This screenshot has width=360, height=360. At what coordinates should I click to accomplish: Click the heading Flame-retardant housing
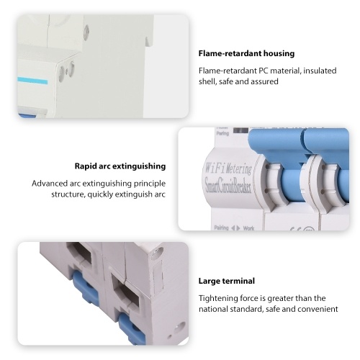(x=246, y=53)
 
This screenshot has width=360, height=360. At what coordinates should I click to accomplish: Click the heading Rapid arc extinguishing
(x=120, y=166)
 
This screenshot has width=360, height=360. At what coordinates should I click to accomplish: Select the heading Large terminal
(x=227, y=281)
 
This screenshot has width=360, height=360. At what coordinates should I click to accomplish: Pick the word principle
(x=150, y=184)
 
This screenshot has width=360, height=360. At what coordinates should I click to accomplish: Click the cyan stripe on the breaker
(x=32, y=81)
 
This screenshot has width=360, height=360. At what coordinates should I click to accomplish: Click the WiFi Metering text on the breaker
(x=228, y=168)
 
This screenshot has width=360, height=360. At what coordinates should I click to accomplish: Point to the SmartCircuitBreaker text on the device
(x=228, y=186)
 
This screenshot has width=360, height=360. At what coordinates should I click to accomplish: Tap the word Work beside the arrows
(x=248, y=228)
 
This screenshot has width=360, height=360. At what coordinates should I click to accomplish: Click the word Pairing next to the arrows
(x=221, y=228)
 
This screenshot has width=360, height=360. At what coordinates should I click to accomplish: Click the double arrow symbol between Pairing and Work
(x=235, y=228)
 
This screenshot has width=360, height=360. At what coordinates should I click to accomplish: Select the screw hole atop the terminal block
(x=156, y=252)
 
